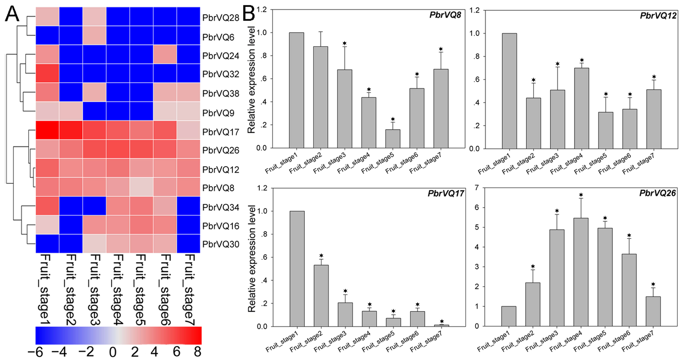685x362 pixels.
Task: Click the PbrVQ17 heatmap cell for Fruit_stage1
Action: click(47, 130)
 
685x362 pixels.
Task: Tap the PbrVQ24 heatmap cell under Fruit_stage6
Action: click(165, 54)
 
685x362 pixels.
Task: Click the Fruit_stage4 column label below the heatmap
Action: click(118, 289)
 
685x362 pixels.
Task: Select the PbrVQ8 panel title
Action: click(445, 15)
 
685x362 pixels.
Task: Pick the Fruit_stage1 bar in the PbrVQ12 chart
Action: click(509, 91)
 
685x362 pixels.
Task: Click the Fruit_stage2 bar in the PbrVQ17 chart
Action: click(321, 296)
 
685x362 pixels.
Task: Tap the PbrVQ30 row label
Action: click(221, 244)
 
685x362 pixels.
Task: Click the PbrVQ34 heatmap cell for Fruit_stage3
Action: click(94, 206)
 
